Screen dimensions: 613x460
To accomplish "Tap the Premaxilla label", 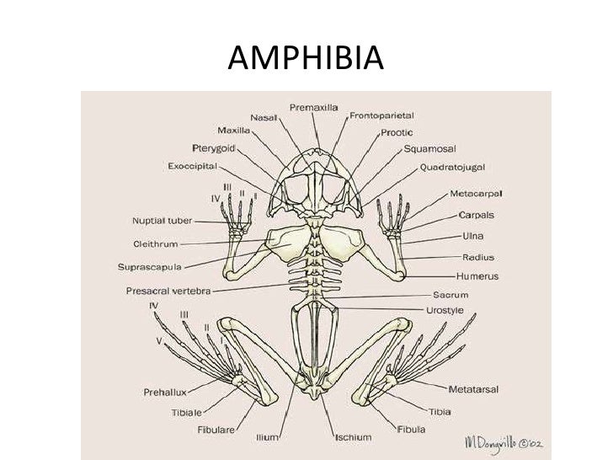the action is (316, 107).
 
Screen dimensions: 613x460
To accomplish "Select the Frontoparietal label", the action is (381, 115).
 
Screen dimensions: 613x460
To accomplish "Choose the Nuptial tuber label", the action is (163, 222).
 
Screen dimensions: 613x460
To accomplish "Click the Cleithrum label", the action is (156, 244).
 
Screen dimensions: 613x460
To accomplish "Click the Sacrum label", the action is (451, 296).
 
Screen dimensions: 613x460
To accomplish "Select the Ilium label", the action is (268, 438).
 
